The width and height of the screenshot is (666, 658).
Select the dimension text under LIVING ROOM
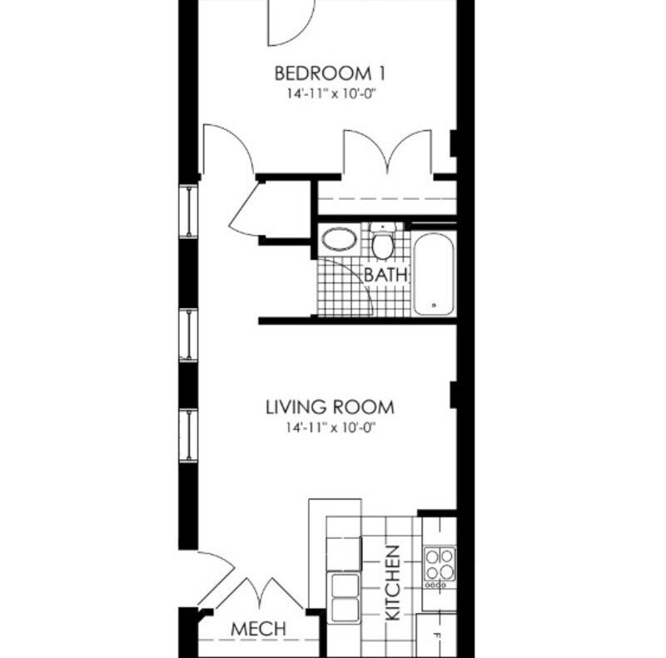(329, 429)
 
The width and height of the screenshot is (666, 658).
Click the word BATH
(386, 273)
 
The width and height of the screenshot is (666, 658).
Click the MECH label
(258, 629)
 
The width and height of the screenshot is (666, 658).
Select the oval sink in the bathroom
(340, 241)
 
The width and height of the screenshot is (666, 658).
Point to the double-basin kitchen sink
(345, 597)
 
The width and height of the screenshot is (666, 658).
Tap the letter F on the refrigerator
(435, 636)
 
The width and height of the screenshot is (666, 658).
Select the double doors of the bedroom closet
(387, 154)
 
